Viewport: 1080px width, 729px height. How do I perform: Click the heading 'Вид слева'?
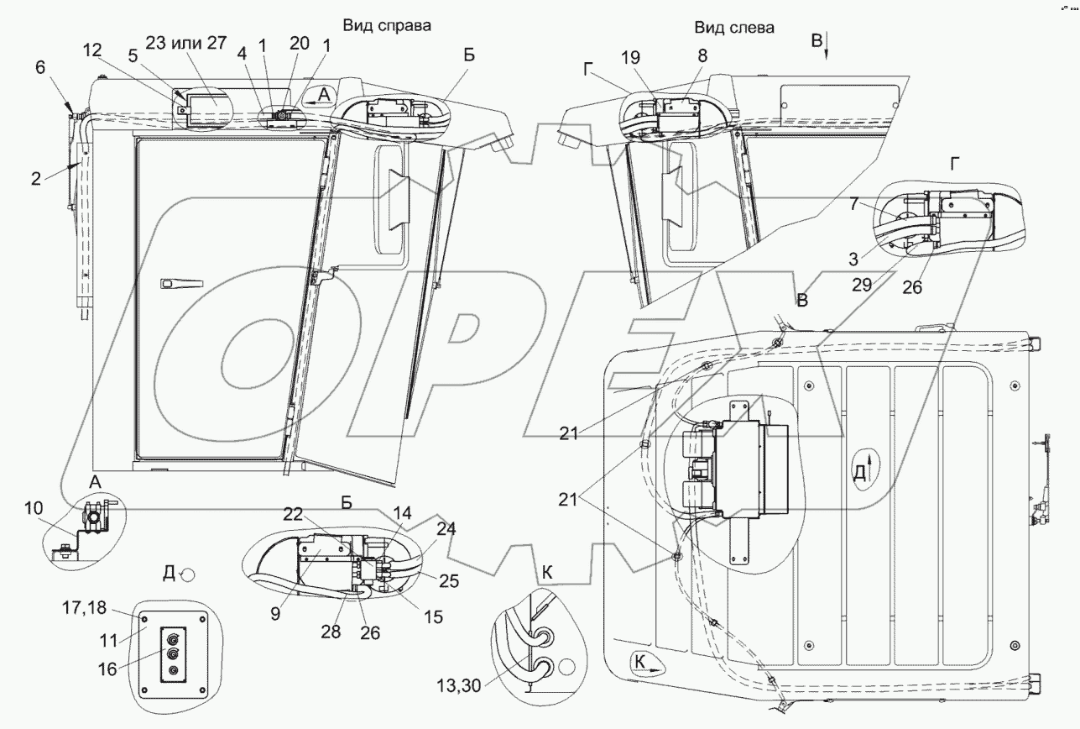pyautogui.click(x=734, y=28)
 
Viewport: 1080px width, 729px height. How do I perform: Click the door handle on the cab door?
pyautogui.click(x=180, y=285)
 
